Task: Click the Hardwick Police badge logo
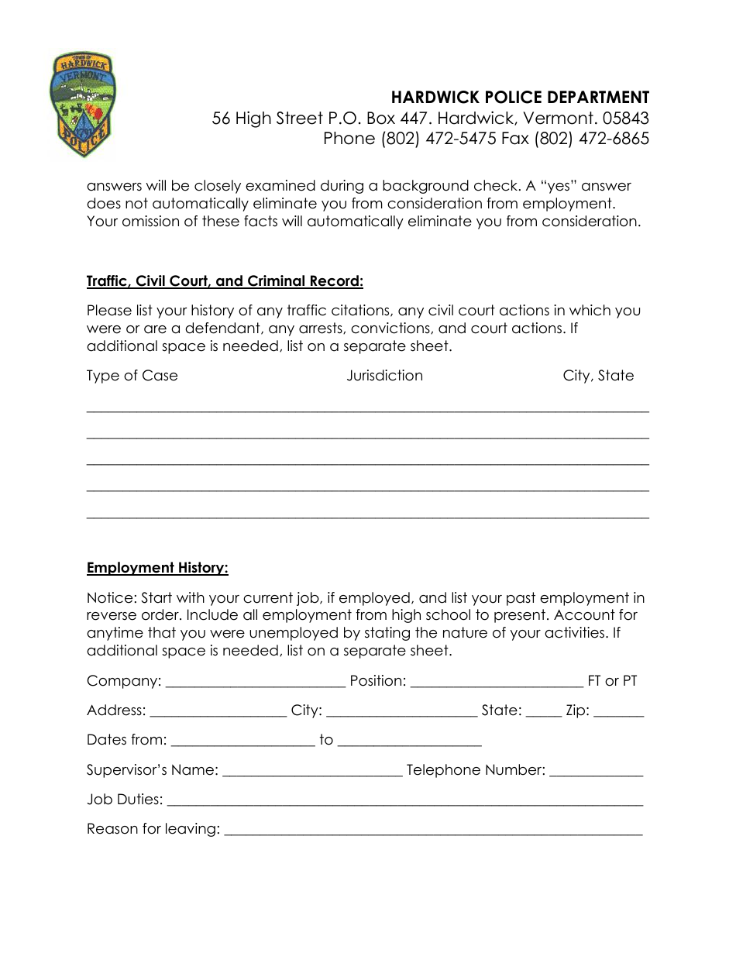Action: pos(82,105)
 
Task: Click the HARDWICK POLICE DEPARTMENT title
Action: pos(520,98)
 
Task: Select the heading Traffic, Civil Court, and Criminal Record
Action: pos(225,281)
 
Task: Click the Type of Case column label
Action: pos(132,376)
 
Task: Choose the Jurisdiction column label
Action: pos(384,376)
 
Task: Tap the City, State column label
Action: pos(598,376)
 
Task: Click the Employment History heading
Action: pos(157,568)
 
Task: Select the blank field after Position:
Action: pos(496,682)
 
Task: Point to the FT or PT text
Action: pos(612,681)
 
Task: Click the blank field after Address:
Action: pos(218,711)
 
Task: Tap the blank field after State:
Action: pos(543,711)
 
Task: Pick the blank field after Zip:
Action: pos(618,711)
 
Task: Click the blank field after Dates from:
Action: pos(242,741)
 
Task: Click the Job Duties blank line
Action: pos(404,800)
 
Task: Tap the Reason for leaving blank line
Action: pos(433,830)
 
